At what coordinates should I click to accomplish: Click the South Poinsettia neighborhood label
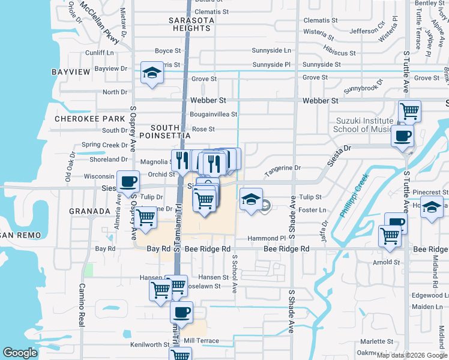click(x=174, y=131)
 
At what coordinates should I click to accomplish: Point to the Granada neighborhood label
click(x=90, y=211)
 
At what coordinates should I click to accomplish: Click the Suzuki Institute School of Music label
click(x=361, y=125)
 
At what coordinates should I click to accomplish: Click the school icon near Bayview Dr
click(x=151, y=73)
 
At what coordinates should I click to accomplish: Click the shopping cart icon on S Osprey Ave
click(x=146, y=218)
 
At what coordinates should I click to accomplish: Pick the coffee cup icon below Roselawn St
click(x=181, y=312)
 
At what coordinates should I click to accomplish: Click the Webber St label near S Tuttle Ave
click(x=321, y=101)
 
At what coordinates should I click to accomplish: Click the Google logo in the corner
click(x=20, y=353)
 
